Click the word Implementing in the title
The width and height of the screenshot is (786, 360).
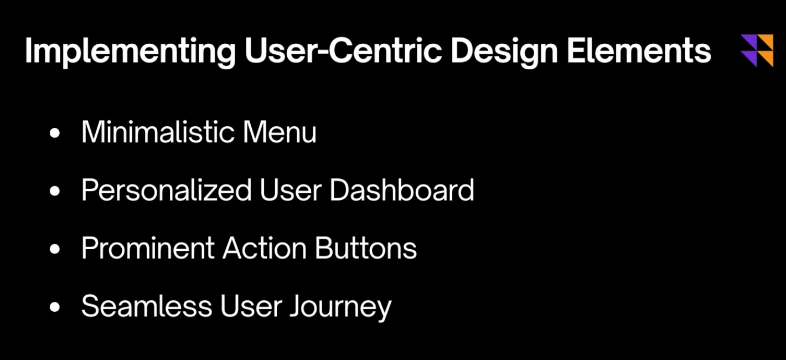click(x=130, y=52)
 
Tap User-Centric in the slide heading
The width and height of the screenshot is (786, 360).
click(x=343, y=50)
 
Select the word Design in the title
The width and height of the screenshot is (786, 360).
click(x=504, y=52)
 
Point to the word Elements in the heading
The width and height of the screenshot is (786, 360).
click(x=639, y=50)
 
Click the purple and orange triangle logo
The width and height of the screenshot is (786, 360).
click(x=757, y=50)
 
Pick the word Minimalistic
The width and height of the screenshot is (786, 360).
click(x=158, y=132)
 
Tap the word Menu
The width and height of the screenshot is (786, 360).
click(x=280, y=132)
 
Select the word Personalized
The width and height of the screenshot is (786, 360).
click(x=166, y=190)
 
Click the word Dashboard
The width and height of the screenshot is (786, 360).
click(x=402, y=190)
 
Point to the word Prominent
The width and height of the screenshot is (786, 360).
click(x=148, y=248)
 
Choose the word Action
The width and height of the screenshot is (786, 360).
click(x=264, y=248)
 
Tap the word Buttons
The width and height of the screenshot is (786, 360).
click(x=366, y=248)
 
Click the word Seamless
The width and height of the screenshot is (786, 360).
click(x=147, y=306)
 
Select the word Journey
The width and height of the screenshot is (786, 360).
click(x=340, y=307)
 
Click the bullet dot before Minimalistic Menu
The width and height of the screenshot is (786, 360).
click(x=55, y=133)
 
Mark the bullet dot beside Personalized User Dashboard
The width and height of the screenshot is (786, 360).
click(x=55, y=191)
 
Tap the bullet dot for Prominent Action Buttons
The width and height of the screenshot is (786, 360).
click(x=55, y=249)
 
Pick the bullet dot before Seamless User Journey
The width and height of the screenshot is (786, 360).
click(x=55, y=307)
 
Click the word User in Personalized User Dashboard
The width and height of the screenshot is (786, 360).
click(x=291, y=190)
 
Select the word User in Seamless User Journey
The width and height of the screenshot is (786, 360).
click(x=251, y=306)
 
